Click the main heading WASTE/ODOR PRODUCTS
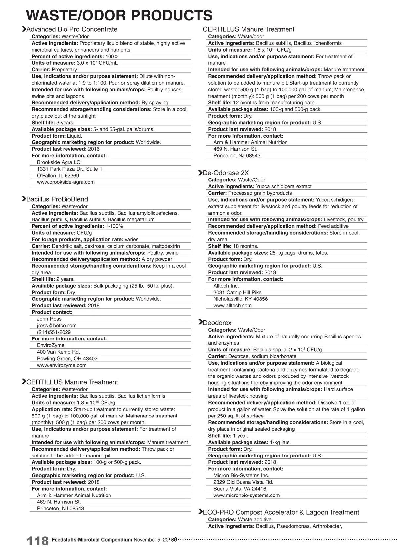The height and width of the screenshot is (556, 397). click(x=119, y=15)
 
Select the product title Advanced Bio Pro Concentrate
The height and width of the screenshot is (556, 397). click(x=72, y=29)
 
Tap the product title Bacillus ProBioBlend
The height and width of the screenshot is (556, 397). click(x=57, y=199)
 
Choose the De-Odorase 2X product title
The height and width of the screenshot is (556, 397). click(x=226, y=173)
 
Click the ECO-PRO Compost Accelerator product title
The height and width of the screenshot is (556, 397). click(x=281, y=512)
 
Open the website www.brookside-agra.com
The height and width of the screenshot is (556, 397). click(x=66, y=182)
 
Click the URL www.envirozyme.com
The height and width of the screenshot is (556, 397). click(x=62, y=365)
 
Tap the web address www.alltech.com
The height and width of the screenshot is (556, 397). click(x=232, y=306)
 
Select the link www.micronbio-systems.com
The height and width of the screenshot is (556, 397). click(x=246, y=496)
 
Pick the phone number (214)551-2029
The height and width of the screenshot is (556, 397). click(x=54, y=332)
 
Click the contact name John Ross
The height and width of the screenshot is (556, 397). click(x=49, y=319)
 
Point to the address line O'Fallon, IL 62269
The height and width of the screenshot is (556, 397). click(x=58, y=176)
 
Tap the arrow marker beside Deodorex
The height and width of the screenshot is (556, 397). click(x=200, y=322)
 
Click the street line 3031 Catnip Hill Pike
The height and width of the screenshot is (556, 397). click(x=237, y=293)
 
